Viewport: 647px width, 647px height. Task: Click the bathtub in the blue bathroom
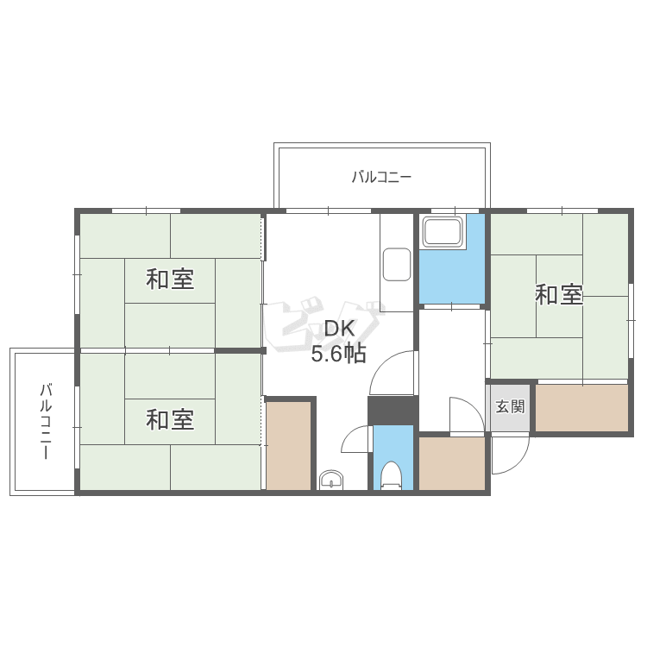point(442,232)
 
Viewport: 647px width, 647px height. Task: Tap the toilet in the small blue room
point(391,474)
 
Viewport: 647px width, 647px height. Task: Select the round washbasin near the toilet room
point(330,481)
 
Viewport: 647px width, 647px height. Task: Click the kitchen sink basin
point(397,264)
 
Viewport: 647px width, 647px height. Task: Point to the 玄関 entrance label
point(510,405)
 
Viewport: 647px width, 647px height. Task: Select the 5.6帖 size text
point(338,353)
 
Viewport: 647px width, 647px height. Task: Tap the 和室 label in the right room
point(559,295)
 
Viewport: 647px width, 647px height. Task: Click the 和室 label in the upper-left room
point(169,280)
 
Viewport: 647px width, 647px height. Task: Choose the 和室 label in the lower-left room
point(169,420)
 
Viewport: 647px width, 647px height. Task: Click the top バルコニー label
point(380,178)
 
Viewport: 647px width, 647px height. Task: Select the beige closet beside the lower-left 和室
point(288,445)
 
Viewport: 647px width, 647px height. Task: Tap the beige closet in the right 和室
point(581,407)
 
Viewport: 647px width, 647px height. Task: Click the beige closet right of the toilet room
point(452,463)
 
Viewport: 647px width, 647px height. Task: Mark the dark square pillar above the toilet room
point(392,411)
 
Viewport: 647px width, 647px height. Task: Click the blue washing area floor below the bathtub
point(451,276)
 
